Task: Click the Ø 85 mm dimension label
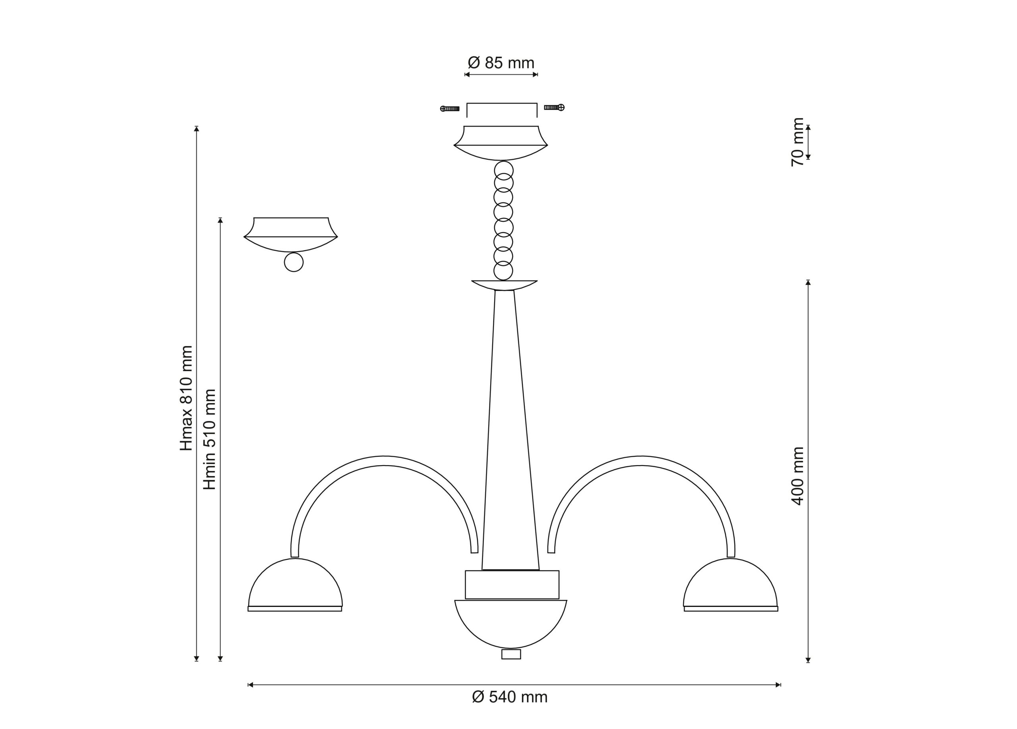[501, 63]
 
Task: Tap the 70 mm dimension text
[798, 142]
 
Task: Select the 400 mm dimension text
[798, 475]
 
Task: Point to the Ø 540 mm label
[510, 697]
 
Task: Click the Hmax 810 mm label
[186, 398]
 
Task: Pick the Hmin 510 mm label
[210, 439]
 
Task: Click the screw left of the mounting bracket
[450, 109]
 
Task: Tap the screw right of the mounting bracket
[554, 108]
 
